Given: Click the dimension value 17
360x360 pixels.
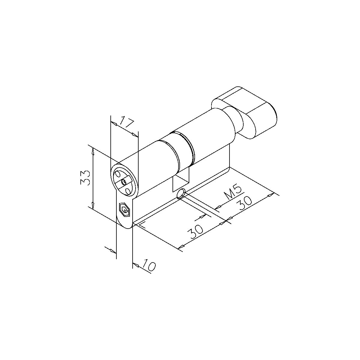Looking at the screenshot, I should click(126, 123).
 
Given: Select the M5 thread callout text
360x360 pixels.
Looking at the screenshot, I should click(233, 193).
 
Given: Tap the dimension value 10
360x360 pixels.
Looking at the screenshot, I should click(149, 265).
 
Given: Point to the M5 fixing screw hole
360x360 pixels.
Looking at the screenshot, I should click(181, 194).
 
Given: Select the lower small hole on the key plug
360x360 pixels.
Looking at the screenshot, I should click(128, 191).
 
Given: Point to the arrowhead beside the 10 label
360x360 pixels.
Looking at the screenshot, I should click(136, 265).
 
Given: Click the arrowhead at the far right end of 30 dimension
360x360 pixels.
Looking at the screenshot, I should click(271, 195).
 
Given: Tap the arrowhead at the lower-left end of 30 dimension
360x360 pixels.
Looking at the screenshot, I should click(181, 247).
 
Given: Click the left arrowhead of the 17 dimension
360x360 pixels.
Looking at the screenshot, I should click(114, 123).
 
